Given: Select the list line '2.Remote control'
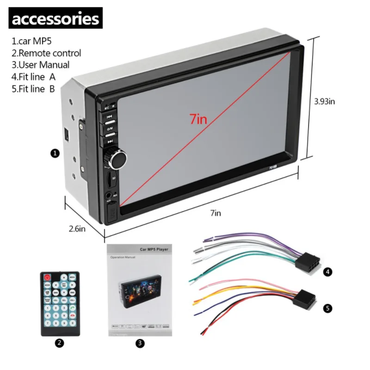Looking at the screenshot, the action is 46,53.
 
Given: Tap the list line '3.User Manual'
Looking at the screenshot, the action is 41,65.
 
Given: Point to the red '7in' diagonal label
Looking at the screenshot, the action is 198,119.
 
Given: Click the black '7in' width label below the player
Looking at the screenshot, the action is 216,213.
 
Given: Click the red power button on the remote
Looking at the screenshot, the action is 47,277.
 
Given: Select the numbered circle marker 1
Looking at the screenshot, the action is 55,153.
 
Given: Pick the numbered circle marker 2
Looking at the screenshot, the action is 59,343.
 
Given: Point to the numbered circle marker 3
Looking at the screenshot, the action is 141,343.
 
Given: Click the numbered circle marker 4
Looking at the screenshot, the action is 328,272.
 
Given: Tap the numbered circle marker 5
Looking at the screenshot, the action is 328,308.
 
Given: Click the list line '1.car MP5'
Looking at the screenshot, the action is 31,42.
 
